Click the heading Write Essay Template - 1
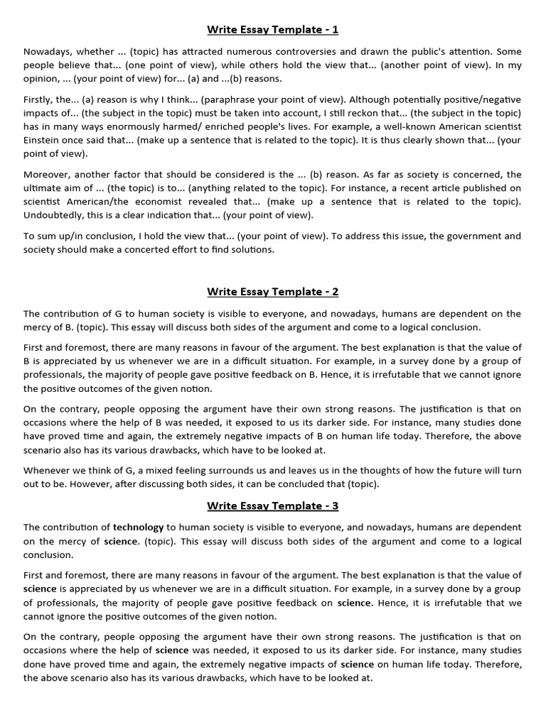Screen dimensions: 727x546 coord(273,30)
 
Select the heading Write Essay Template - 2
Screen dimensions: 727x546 coord(273,292)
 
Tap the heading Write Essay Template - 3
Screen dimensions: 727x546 coord(273,505)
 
